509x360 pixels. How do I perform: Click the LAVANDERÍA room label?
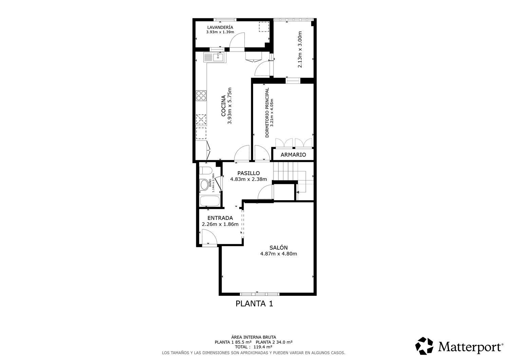(x=220, y=27)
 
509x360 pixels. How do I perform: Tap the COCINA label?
(x=224, y=106)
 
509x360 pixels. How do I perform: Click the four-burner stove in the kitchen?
(x=201, y=95)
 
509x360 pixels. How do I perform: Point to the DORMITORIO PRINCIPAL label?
(x=267, y=113)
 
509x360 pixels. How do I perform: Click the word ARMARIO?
(x=293, y=155)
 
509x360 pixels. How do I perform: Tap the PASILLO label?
(x=248, y=173)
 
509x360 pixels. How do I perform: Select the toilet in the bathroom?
(x=206, y=170)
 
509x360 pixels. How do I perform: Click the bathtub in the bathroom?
(x=209, y=201)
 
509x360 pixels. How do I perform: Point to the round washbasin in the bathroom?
(x=204, y=185)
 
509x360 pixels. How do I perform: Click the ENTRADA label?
(x=220, y=218)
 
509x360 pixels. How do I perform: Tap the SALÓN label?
(x=279, y=247)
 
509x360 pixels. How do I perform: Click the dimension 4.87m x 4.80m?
(x=279, y=254)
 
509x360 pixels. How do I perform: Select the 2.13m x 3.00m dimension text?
(x=300, y=49)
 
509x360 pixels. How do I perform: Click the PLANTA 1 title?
(x=254, y=303)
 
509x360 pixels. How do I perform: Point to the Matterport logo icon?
(x=424, y=346)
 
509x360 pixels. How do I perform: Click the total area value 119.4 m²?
(x=262, y=347)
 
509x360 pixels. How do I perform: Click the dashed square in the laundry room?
(x=264, y=26)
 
